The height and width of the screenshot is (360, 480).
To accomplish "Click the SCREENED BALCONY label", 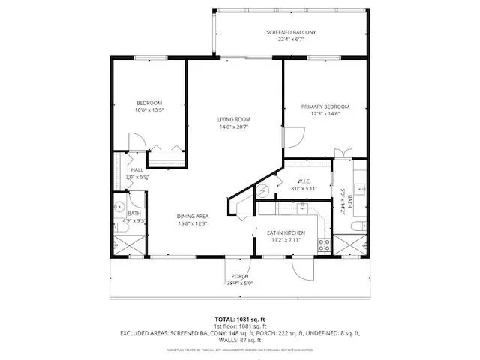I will tap(291, 32).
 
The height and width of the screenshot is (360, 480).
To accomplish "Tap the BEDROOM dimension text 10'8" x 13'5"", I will tap(149, 109).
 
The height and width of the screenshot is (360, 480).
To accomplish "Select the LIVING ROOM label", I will tap(234, 119).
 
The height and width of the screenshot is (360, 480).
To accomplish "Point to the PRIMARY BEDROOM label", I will tap(325, 106).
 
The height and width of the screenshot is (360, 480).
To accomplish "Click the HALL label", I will tap(137, 170).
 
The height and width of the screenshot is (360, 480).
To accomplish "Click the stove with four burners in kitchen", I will tap(324, 243).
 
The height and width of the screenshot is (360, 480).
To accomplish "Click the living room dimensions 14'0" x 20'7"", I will tap(234, 127).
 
